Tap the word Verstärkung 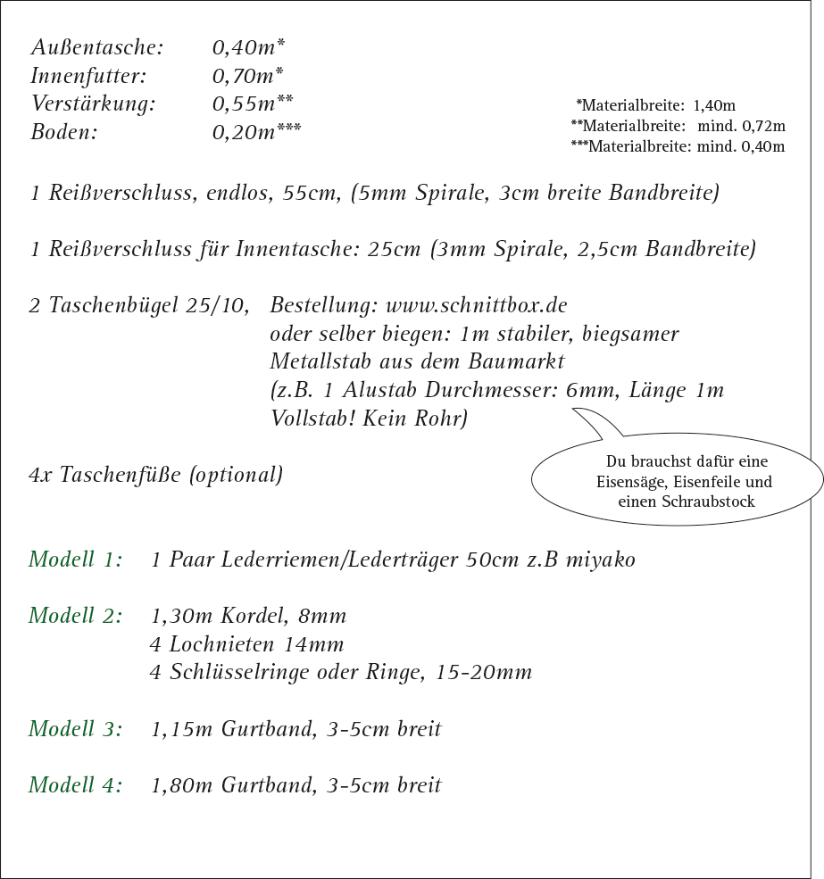93,105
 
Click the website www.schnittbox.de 476,306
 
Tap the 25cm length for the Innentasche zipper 394,250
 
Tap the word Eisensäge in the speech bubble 630,482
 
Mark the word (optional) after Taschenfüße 237,476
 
